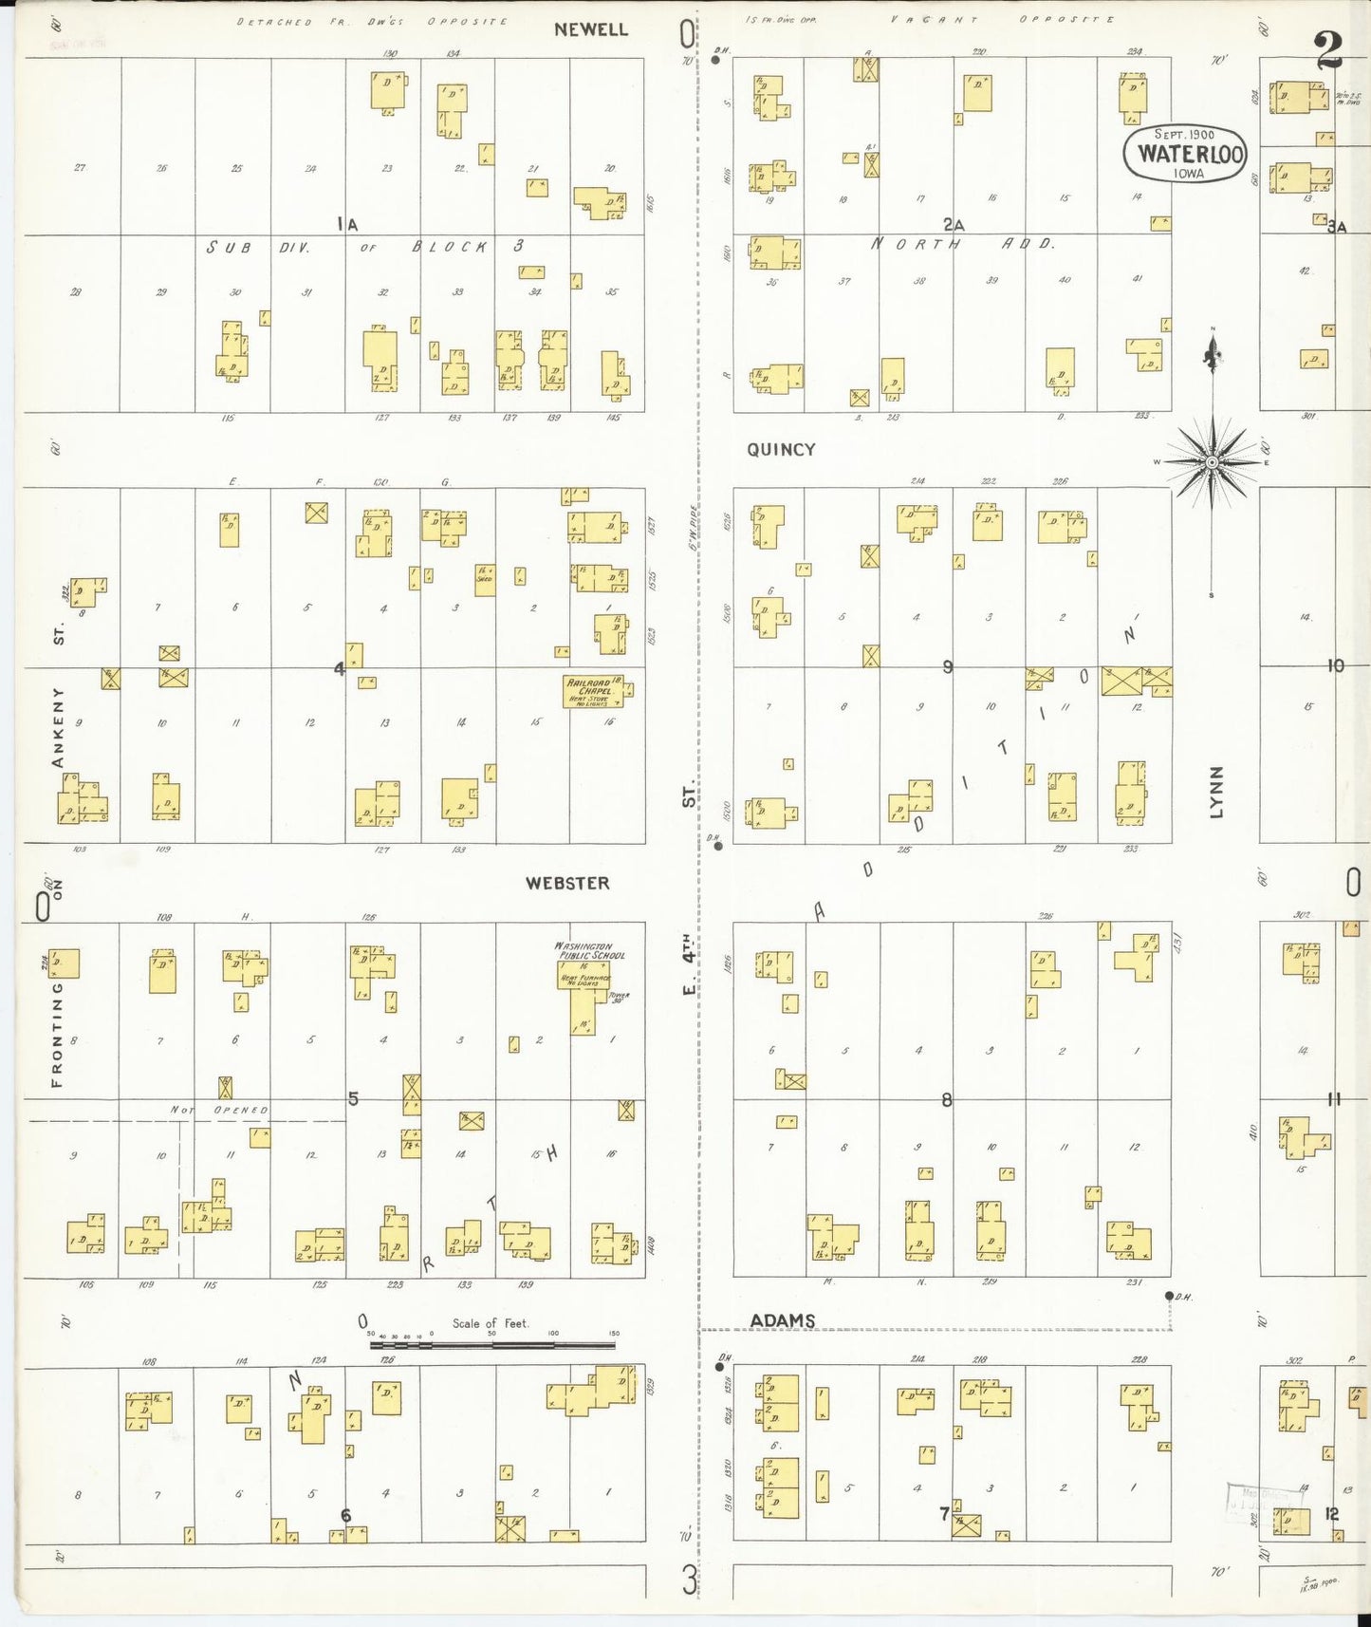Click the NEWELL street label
[x=591, y=29]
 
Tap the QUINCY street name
[x=781, y=450]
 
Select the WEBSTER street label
[x=567, y=883]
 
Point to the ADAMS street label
[x=782, y=1320]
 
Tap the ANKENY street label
[x=59, y=727]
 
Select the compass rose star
[x=1212, y=462]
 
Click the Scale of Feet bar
[x=492, y=1344]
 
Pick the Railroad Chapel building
[x=594, y=691]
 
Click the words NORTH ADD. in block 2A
[x=961, y=244]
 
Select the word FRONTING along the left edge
[x=58, y=1035]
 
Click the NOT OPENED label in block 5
[x=219, y=1110]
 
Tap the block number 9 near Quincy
[x=947, y=666]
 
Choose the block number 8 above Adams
[x=946, y=1100]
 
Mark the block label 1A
[x=347, y=224]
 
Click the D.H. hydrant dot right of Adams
[x=1169, y=1296]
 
